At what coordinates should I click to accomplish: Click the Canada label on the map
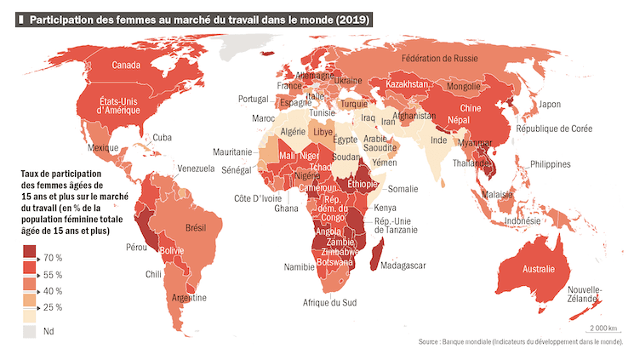coord(126,66)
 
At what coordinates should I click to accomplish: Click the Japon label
coord(550,105)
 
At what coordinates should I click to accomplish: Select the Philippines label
coord(550,164)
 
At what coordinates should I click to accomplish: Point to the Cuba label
coord(162,138)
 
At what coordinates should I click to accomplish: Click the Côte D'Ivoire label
coord(258,198)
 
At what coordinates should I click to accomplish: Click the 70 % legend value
coord(53,258)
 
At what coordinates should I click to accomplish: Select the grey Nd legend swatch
coord(30,331)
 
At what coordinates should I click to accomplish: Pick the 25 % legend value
coord(53,307)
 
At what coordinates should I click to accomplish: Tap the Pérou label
coord(136,248)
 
